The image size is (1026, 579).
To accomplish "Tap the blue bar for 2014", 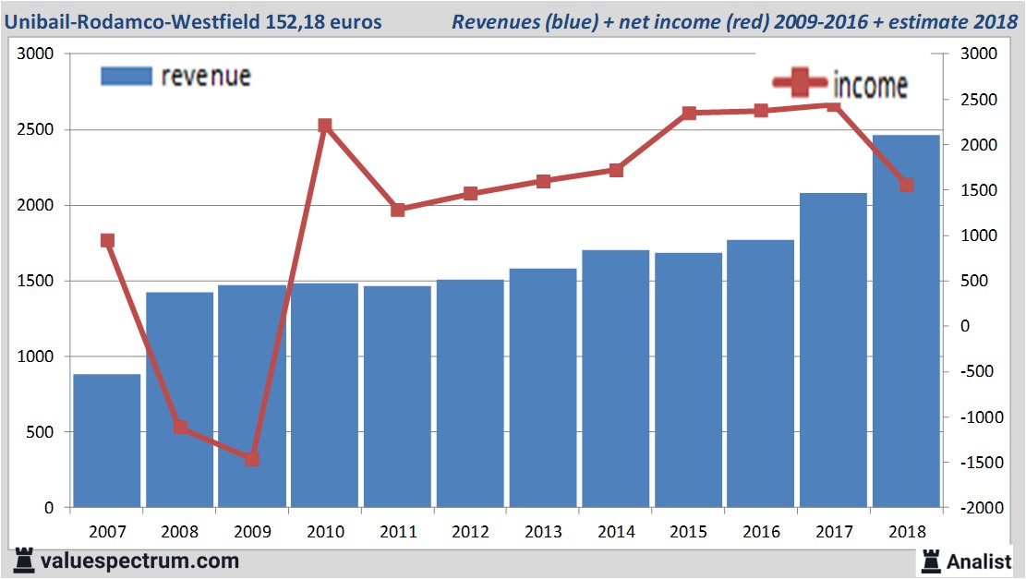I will tap(615, 379).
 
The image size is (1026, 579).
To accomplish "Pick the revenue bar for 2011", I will tap(397, 397).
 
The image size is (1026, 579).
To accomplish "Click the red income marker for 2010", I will tap(325, 126).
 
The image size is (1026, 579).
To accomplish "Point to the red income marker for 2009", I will tap(252, 459).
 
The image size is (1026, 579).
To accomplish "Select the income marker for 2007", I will tap(107, 241).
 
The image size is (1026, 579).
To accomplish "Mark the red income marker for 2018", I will tap(906, 185).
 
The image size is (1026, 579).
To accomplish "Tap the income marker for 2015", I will tap(688, 114).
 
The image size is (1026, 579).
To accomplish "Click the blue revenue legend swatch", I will tap(126, 76).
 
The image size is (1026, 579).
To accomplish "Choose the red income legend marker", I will tap(800, 84).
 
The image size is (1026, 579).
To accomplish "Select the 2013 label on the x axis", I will tap(542, 532).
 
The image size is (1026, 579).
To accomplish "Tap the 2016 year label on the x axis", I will tap(760, 532).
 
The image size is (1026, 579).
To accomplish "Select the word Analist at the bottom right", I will tap(979, 561).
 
